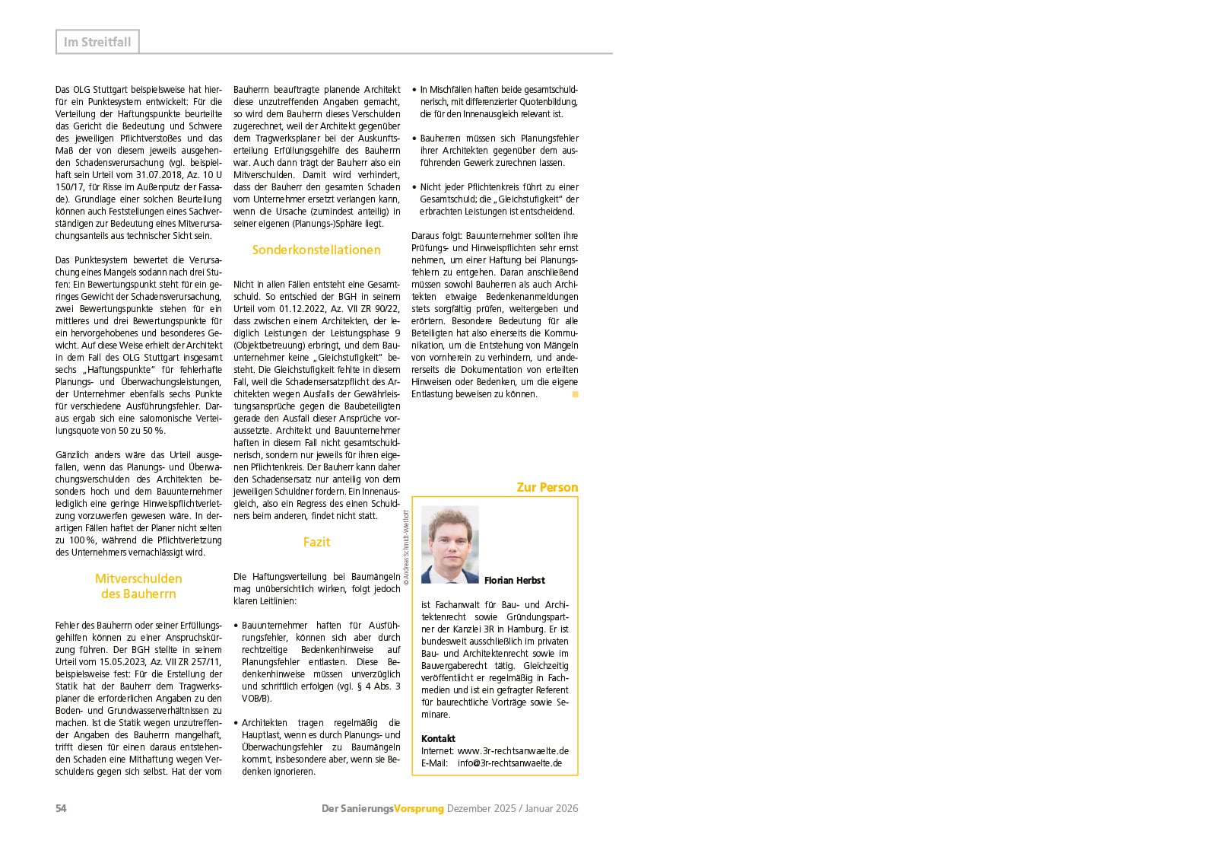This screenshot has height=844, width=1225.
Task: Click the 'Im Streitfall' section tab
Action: (x=97, y=42)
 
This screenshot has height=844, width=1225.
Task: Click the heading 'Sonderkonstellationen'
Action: (x=316, y=250)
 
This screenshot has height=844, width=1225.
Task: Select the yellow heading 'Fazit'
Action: (x=316, y=542)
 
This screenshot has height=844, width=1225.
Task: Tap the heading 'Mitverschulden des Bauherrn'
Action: (x=138, y=586)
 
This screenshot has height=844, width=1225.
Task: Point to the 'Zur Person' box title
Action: (x=547, y=487)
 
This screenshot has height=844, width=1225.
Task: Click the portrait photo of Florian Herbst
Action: (x=450, y=544)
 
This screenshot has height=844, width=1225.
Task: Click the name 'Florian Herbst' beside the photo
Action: (x=514, y=580)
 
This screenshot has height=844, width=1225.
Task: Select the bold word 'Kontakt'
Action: (x=438, y=738)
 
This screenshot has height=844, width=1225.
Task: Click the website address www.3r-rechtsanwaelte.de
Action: (x=513, y=750)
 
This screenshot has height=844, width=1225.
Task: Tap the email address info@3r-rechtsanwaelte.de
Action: (x=509, y=763)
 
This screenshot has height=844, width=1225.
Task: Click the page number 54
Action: (x=61, y=808)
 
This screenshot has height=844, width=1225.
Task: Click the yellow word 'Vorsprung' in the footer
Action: (x=419, y=808)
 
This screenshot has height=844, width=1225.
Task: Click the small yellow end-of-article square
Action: (x=576, y=394)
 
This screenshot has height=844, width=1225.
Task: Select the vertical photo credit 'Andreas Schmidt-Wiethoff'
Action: (x=407, y=546)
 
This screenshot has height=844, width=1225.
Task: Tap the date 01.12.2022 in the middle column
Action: (x=303, y=309)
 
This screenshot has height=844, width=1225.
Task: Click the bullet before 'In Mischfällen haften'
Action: (x=414, y=90)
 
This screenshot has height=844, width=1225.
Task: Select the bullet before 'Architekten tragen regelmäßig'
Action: (x=236, y=723)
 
